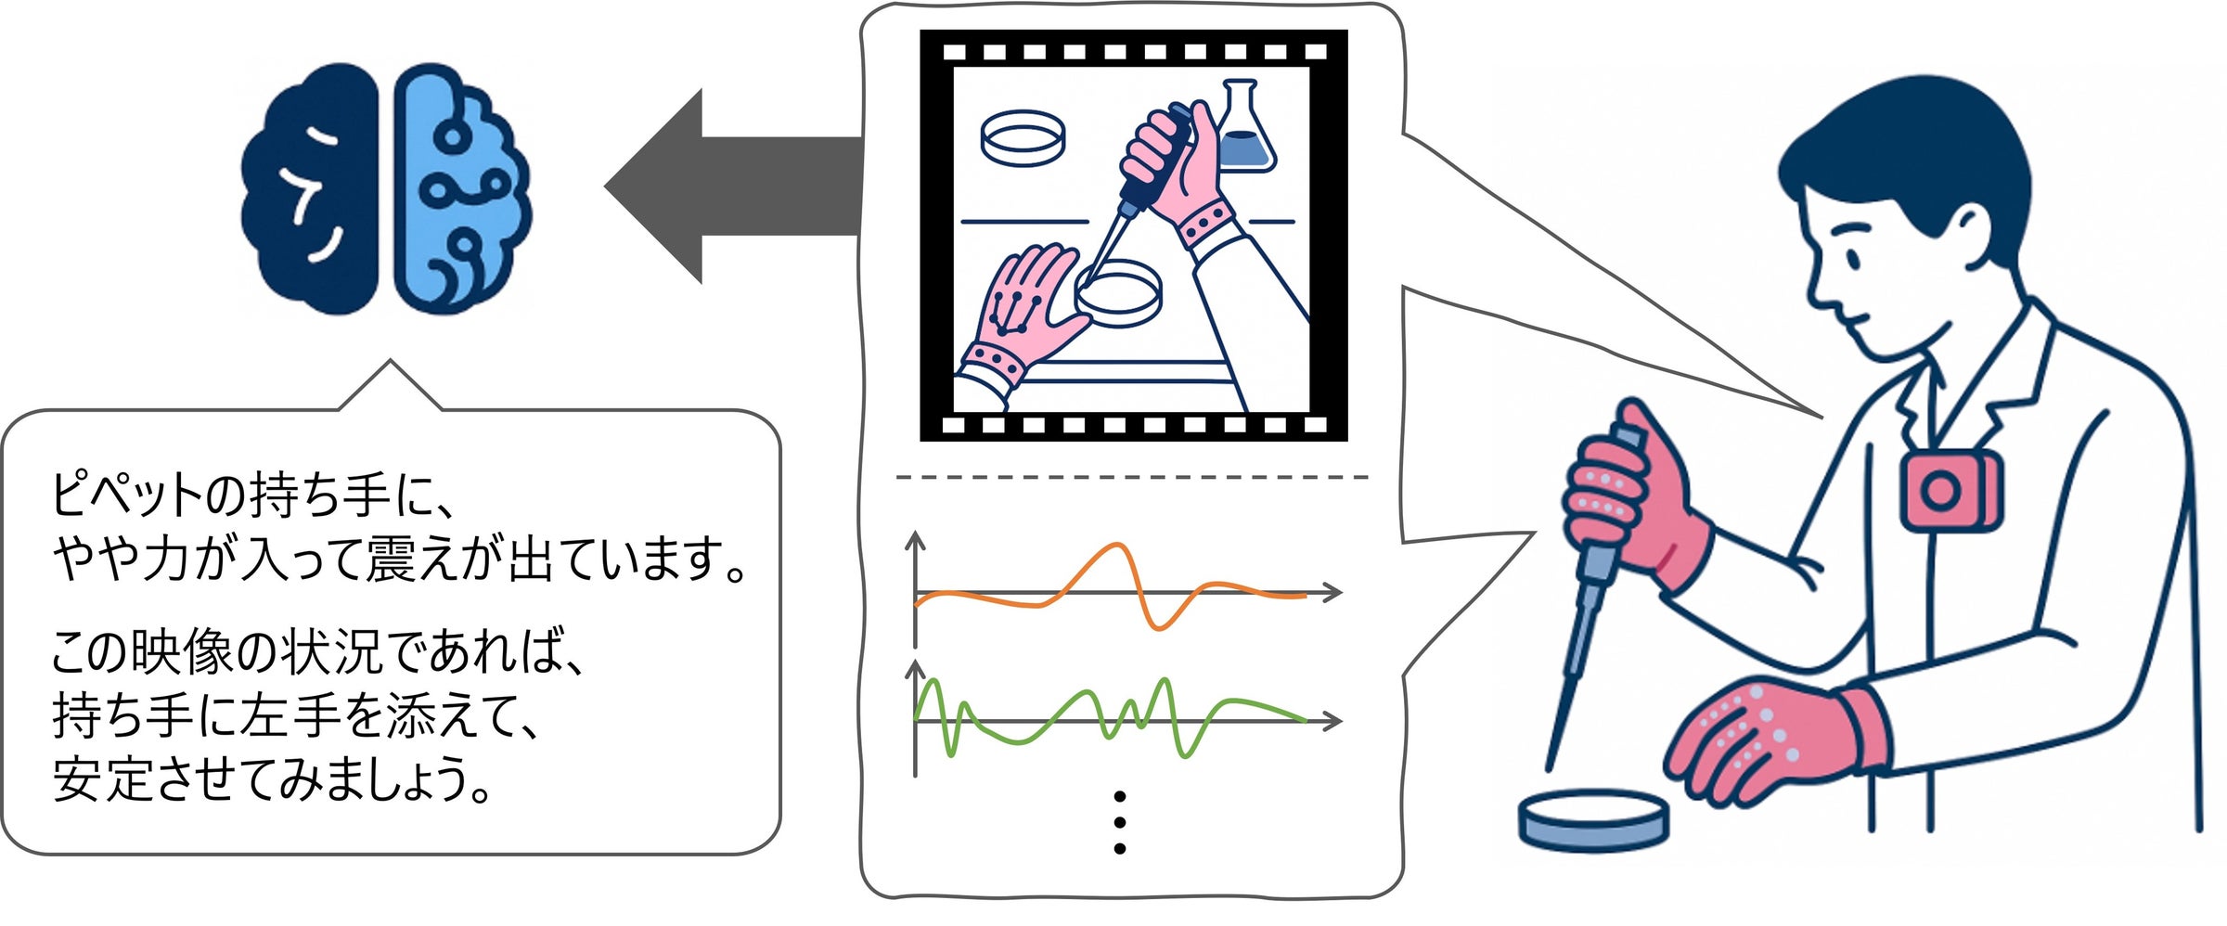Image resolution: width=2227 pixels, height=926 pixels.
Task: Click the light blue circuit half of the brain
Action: pyautogui.click(x=459, y=186)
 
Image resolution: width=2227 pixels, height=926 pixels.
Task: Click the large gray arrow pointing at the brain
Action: pyautogui.click(x=733, y=186)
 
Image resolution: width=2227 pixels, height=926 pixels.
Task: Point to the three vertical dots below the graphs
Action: pyautogui.click(x=1120, y=822)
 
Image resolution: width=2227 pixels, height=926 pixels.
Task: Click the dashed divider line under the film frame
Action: pyautogui.click(x=1132, y=477)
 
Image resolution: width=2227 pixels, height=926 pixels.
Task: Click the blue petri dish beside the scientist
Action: pyautogui.click(x=1593, y=820)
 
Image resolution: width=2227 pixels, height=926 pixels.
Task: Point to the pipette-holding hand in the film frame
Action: pyautogui.click(x=1174, y=167)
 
